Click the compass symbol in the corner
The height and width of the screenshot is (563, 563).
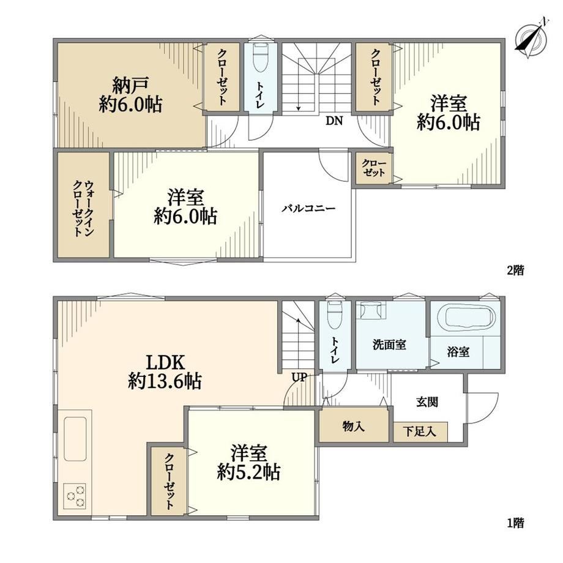pyautogui.click(x=531, y=39)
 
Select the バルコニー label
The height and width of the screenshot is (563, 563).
pyautogui.click(x=308, y=208)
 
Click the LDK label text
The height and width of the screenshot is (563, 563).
pyautogui.click(x=165, y=362)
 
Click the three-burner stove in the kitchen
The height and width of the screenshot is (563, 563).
pyautogui.click(x=75, y=496)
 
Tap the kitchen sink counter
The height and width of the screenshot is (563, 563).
pyautogui.click(x=75, y=438)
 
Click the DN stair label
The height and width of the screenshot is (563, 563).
pyautogui.click(x=334, y=121)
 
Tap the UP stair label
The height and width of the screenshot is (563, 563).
pyautogui.click(x=299, y=377)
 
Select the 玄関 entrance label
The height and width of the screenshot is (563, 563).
pyautogui.click(x=427, y=401)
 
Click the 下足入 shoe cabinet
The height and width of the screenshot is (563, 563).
pyautogui.click(x=420, y=432)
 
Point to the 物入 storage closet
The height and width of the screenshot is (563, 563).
pyautogui.click(x=354, y=426)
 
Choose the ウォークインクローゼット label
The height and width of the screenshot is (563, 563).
pyautogui.click(x=83, y=208)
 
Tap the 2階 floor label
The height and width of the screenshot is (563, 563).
pyautogui.click(x=516, y=270)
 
